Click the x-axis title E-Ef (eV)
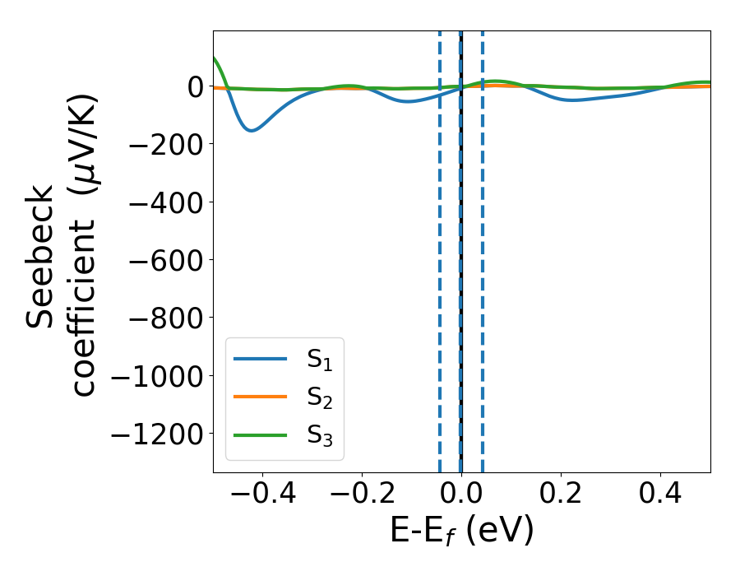(461, 531)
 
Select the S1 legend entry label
(318, 360)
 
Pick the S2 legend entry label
(318, 397)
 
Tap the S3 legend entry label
(318, 435)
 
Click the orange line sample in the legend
(260, 397)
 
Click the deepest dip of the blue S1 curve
(252, 130)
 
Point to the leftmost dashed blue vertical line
(440, 247)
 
